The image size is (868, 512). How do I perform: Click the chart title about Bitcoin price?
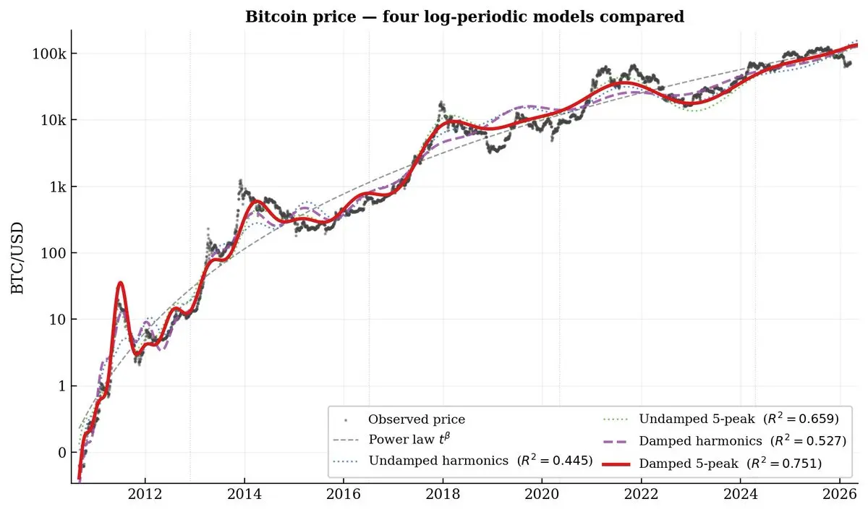[464, 17]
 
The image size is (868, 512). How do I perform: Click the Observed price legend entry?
[416, 419]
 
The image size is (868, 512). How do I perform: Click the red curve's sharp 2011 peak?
[120, 283]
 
